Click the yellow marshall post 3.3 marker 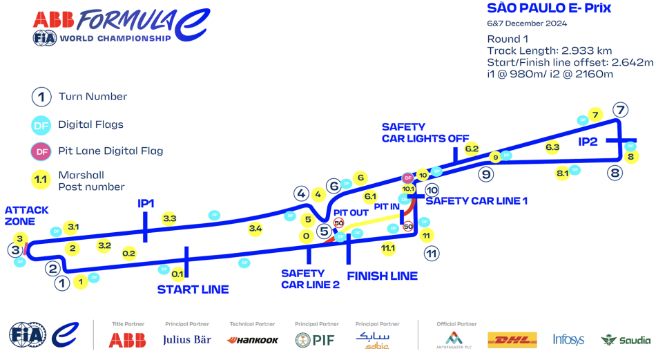(170, 219)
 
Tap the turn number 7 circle (620, 110)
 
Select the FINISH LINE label (382, 276)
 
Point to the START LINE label (193, 289)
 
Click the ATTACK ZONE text (27, 216)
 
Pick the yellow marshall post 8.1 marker (562, 173)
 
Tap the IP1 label (146, 203)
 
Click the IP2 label (588, 142)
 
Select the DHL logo (512, 339)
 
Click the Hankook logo (253, 340)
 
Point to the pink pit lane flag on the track (407, 178)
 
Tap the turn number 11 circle (432, 254)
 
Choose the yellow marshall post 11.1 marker (388, 248)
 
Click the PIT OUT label (351, 212)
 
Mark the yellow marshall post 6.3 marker (552, 147)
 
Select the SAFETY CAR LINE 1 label (476, 200)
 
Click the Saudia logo (626, 340)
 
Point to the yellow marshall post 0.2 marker (129, 254)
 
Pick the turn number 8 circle (615, 173)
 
